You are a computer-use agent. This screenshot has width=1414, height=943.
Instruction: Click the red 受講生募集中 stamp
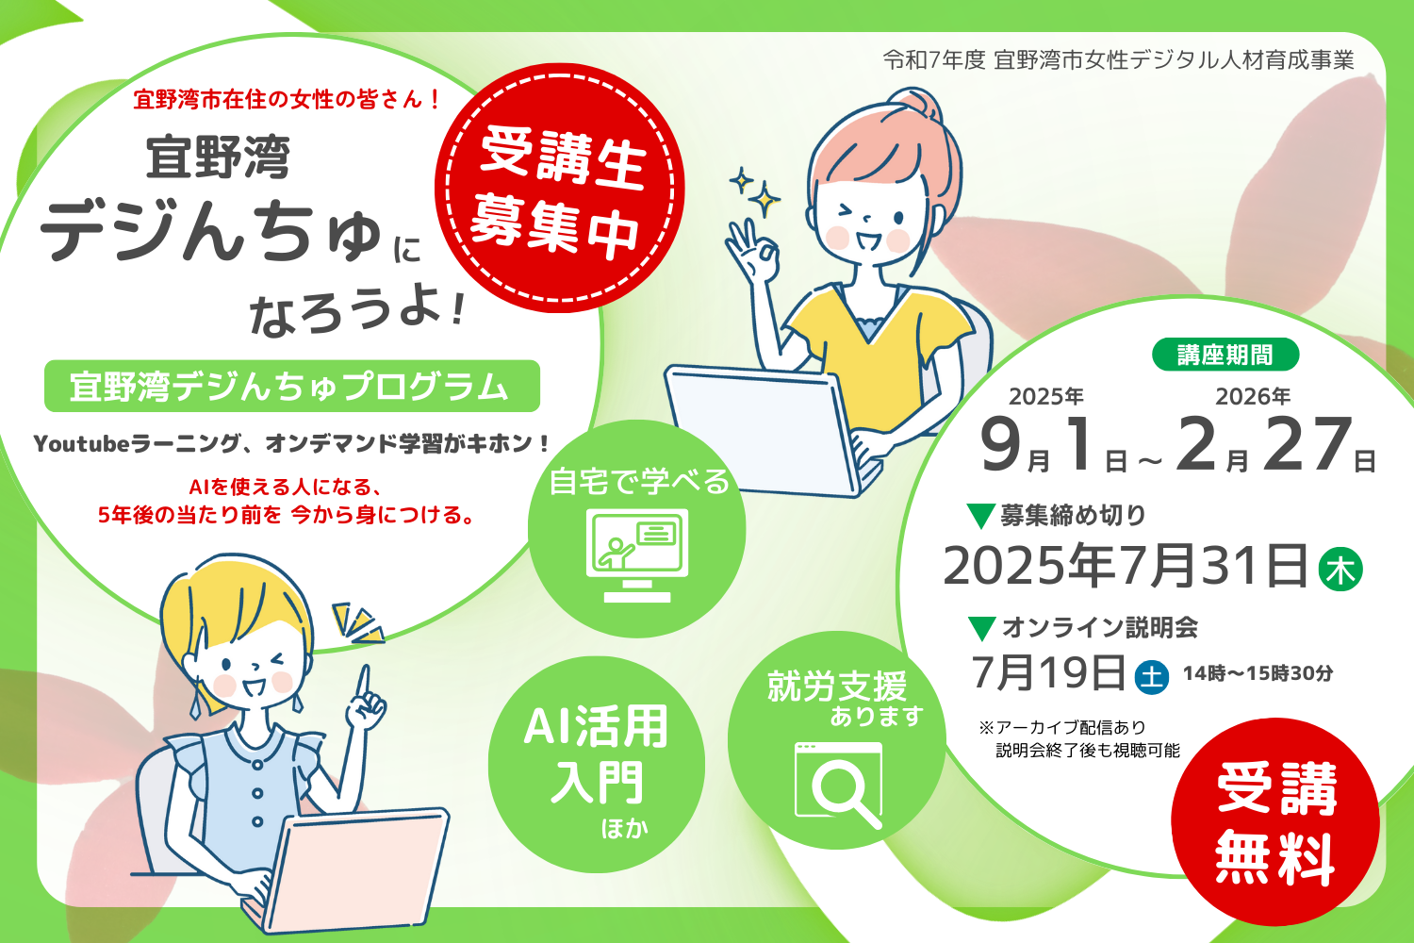tap(559, 189)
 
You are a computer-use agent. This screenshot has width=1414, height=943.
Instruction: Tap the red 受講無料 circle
tap(1275, 821)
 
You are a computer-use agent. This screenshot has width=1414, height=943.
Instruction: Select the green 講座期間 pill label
tap(1225, 355)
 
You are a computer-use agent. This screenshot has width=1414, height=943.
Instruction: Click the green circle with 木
tap(1340, 569)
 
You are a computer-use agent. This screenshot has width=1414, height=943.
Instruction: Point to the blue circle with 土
tap(1152, 677)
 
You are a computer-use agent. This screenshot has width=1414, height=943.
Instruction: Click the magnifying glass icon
tap(839, 786)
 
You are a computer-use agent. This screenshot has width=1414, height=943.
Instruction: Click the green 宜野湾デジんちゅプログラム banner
tap(291, 386)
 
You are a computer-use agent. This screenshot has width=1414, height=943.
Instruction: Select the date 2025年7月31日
tap(1125, 565)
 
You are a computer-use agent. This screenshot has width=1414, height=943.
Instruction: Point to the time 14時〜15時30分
tap(1258, 673)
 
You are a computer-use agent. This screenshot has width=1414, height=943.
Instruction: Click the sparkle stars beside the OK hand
tap(755, 192)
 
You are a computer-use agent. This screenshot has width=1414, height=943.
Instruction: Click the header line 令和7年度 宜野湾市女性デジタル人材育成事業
tap(1119, 60)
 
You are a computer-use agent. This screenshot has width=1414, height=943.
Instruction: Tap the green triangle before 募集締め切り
tap(981, 516)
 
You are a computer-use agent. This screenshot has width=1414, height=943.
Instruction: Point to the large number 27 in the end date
tap(1307, 443)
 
